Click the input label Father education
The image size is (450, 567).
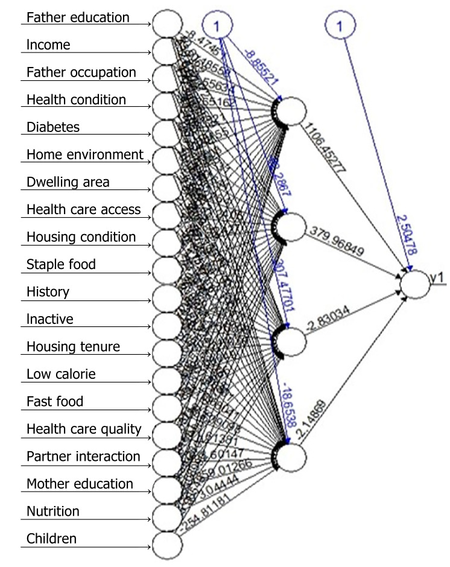click(x=78, y=17)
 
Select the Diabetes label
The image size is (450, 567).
click(x=53, y=127)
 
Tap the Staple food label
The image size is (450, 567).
click(x=61, y=264)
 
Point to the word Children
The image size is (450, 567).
click(x=52, y=538)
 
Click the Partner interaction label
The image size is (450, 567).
click(x=83, y=456)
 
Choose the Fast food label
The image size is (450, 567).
click(x=55, y=401)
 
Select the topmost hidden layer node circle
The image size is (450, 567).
click(x=292, y=111)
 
